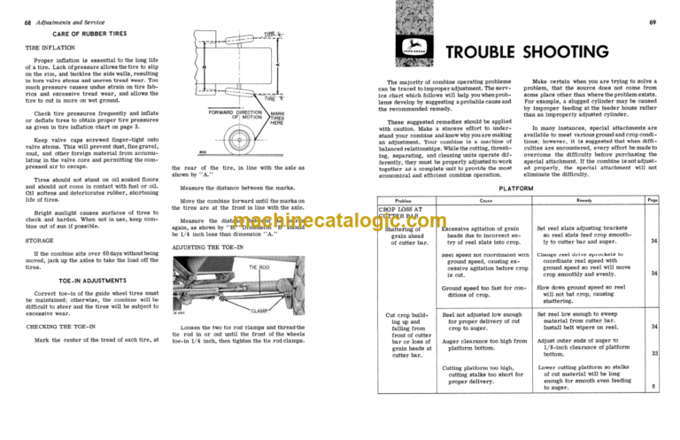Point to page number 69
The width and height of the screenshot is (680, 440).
coord(668,8)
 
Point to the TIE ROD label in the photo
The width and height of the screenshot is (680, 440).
coord(259,266)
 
